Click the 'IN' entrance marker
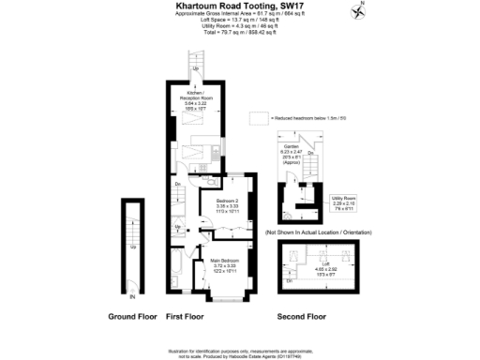click(132, 296)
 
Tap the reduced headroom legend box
click(258, 119)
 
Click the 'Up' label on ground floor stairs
click(133, 247)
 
